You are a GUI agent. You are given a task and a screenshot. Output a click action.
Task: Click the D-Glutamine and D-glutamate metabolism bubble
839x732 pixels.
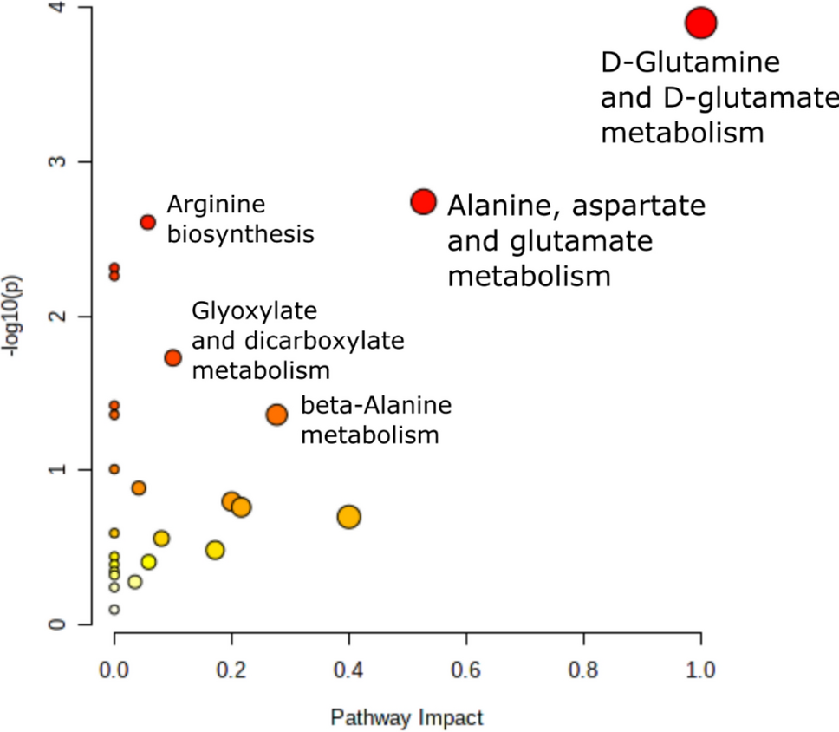[700, 23]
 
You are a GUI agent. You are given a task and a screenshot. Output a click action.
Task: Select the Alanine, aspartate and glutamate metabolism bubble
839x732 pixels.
[423, 201]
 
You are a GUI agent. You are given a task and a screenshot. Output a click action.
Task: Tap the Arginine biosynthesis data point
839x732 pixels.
[147, 222]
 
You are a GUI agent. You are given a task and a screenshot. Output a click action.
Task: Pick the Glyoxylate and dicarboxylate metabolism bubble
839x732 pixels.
[172, 357]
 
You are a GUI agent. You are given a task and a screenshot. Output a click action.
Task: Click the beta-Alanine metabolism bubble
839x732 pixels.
[276, 415]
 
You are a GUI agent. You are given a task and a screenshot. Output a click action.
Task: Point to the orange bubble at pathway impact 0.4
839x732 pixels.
[348, 517]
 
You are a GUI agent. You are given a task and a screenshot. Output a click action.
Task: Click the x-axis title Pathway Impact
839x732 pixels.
[406, 718]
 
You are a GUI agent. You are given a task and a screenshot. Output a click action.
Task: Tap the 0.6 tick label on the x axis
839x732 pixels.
[465, 670]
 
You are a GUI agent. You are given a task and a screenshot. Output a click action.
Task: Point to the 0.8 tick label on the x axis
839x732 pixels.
[583, 670]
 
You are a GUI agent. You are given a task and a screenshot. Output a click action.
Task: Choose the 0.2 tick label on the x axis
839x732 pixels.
[231, 670]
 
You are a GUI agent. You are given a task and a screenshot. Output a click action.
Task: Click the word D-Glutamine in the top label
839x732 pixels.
[690, 62]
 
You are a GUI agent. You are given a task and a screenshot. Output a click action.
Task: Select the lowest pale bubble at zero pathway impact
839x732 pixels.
[114, 610]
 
